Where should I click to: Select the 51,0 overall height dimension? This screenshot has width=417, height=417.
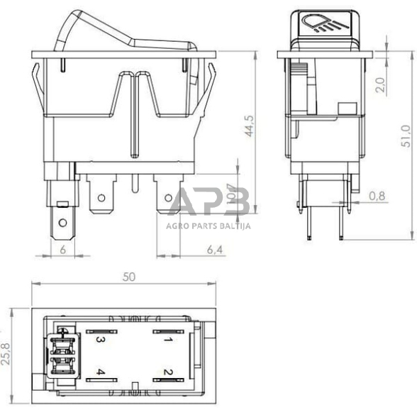pos(406,135)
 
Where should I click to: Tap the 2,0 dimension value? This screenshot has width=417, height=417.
pos(381,84)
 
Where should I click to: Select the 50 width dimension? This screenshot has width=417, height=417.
pos(128,277)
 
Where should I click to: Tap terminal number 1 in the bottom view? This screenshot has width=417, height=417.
pos(168,339)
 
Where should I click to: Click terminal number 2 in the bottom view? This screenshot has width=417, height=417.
pos(168,372)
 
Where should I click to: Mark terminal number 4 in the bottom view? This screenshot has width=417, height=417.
pos(101,372)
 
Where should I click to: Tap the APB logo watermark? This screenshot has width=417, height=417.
pos(209,204)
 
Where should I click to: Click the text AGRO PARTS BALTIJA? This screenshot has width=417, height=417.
pos(209,227)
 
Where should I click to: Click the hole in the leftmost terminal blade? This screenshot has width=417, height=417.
pos(62,223)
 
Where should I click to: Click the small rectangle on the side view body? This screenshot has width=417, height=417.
pos(347,108)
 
